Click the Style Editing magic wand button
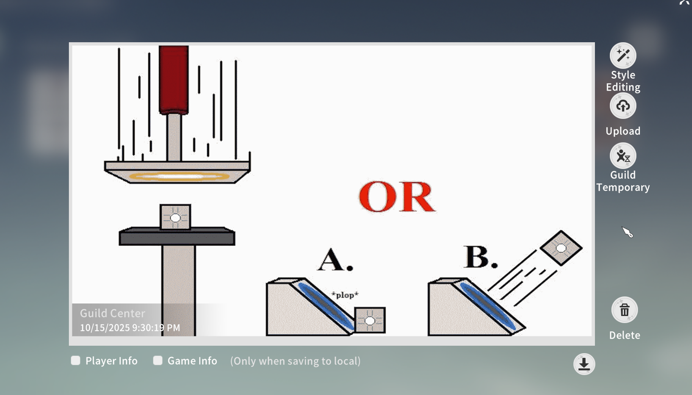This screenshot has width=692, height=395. tap(623, 56)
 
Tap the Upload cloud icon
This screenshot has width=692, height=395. tap(623, 106)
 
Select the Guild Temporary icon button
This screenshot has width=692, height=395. tap(623, 156)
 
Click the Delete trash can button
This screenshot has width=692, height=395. tap(624, 310)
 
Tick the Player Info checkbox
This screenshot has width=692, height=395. tap(76, 361)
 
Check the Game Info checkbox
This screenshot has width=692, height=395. tap(158, 361)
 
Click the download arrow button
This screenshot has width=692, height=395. tap(584, 364)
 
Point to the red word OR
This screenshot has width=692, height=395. tap(396, 197)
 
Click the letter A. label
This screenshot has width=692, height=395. tap(335, 260)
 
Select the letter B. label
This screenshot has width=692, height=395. tap(481, 257)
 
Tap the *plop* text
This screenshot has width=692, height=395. tap(345, 295)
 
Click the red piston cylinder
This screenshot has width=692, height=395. tap(174, 80)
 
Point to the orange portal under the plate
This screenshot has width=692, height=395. tap(179, 176)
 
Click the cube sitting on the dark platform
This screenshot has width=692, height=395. tap(175, 217)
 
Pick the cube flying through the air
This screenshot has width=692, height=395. tap(561, 248)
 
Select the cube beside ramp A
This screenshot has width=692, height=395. tap(370, 320)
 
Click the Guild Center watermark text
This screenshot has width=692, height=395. tap(112, 313)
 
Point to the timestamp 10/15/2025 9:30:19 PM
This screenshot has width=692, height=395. tap(130, 328)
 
